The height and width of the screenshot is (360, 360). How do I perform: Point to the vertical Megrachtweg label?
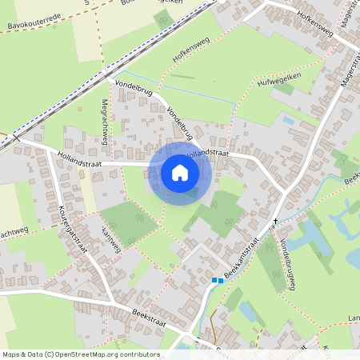(x=104, y=122)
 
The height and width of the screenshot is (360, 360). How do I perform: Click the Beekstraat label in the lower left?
(x=148, y=318)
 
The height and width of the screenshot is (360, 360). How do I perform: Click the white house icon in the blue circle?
(x=180, y=172)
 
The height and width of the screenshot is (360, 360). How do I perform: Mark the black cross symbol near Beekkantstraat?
(x=276, y=221)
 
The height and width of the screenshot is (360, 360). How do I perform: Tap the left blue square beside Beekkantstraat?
(x=214, y=280)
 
